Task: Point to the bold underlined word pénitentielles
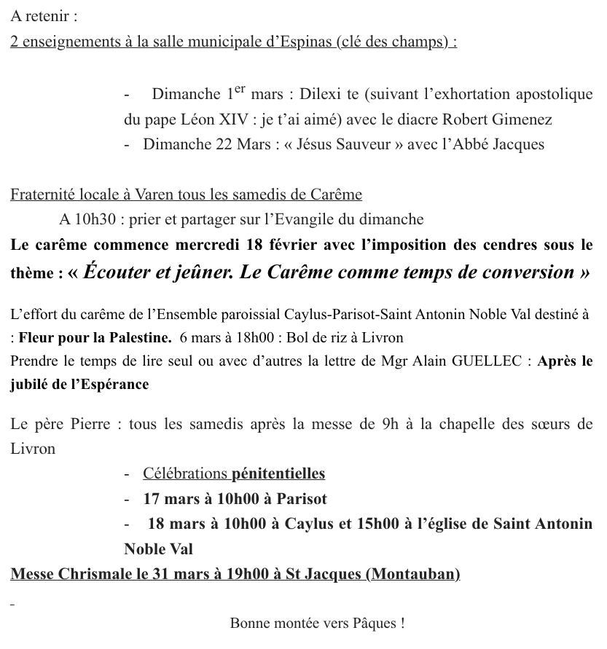click(x=278, y=474)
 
